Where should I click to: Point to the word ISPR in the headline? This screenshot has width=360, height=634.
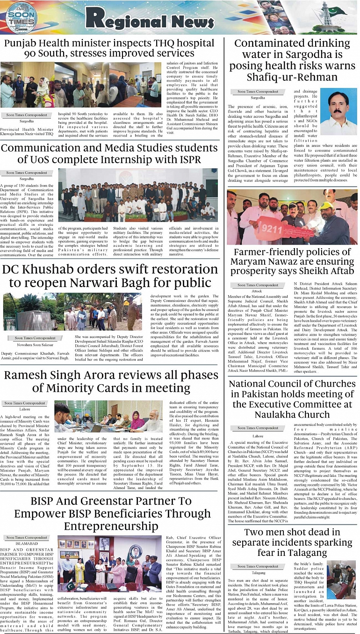(x=185, y=159)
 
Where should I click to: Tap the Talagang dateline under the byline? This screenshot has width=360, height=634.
(x=258, y=572)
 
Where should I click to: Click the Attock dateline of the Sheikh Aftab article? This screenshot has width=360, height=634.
(x=257, y=291)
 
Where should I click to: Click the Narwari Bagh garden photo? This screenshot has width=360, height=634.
(x=72, y=312)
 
